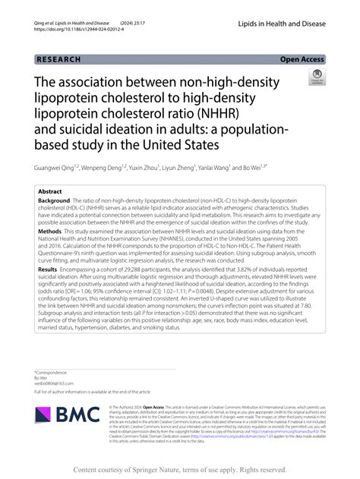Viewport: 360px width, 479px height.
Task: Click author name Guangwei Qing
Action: click(x=58, y=167)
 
